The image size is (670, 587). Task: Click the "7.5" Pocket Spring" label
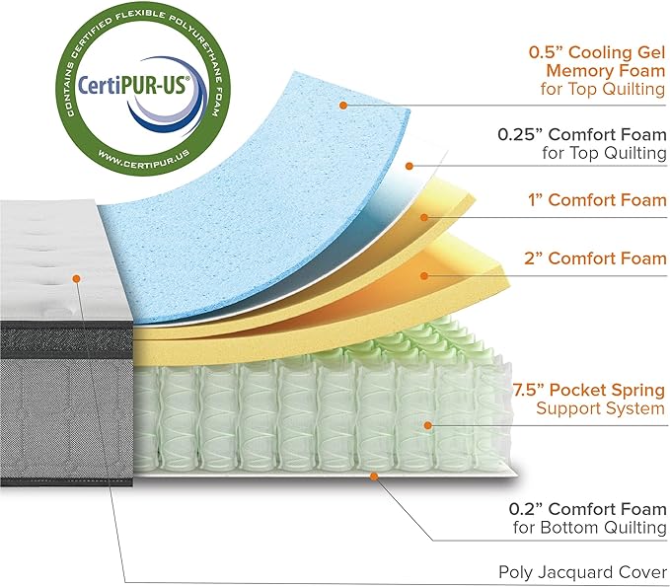pos(600,390)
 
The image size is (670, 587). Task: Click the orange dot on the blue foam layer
pos(342,105)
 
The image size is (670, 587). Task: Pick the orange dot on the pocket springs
pos(427,425)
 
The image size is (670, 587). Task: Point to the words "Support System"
pos(600,408)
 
